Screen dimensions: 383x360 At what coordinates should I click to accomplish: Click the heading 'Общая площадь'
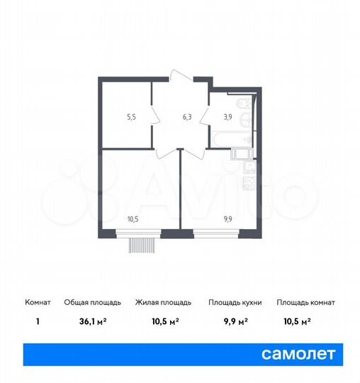click(x=88, y=302)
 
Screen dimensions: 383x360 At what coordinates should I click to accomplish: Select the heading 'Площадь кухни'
click(x=235, y=302)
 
